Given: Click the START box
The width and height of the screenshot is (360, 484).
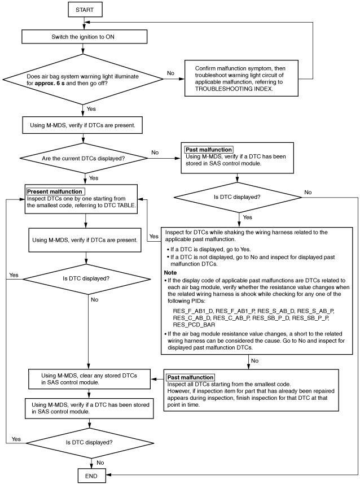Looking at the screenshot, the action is (x=85, y=10).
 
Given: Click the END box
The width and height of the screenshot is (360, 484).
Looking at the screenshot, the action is (x=91, y=476).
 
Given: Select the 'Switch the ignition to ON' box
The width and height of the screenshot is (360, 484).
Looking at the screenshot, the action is (x=84, y=37).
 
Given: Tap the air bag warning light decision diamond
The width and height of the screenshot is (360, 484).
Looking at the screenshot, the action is (x=83, y=79).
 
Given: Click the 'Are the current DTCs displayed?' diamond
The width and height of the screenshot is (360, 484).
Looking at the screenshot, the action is (x=84, y=158).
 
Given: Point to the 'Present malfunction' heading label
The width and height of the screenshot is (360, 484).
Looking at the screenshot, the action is (x=55, y=191).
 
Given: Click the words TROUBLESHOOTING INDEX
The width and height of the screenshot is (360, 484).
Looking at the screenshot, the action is (x=234, y=89).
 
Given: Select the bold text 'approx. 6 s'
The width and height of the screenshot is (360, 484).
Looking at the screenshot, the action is (x=50, y=84).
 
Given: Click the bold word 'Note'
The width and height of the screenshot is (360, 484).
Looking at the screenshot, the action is (x=170, y=273).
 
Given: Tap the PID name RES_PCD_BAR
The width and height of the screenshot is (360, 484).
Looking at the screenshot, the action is (x=194, y=325).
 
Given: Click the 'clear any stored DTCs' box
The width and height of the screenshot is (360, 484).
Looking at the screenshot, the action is (x=89, y=379).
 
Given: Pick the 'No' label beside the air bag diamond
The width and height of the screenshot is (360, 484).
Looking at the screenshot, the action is (x=170, y=73).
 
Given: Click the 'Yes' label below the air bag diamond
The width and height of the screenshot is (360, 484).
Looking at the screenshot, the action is (x=91, y=108).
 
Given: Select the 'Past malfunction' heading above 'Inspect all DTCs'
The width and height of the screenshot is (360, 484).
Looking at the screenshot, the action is (x=190, y=377).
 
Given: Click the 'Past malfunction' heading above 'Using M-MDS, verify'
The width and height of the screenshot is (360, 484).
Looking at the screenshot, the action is (x=209, y=150).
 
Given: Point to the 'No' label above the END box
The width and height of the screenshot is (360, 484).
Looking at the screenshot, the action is (x=100, y=463).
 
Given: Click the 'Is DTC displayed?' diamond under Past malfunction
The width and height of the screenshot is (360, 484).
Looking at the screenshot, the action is (x=237, y=197).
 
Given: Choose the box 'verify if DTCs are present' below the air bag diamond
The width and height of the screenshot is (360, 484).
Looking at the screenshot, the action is (x=82, y=125).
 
